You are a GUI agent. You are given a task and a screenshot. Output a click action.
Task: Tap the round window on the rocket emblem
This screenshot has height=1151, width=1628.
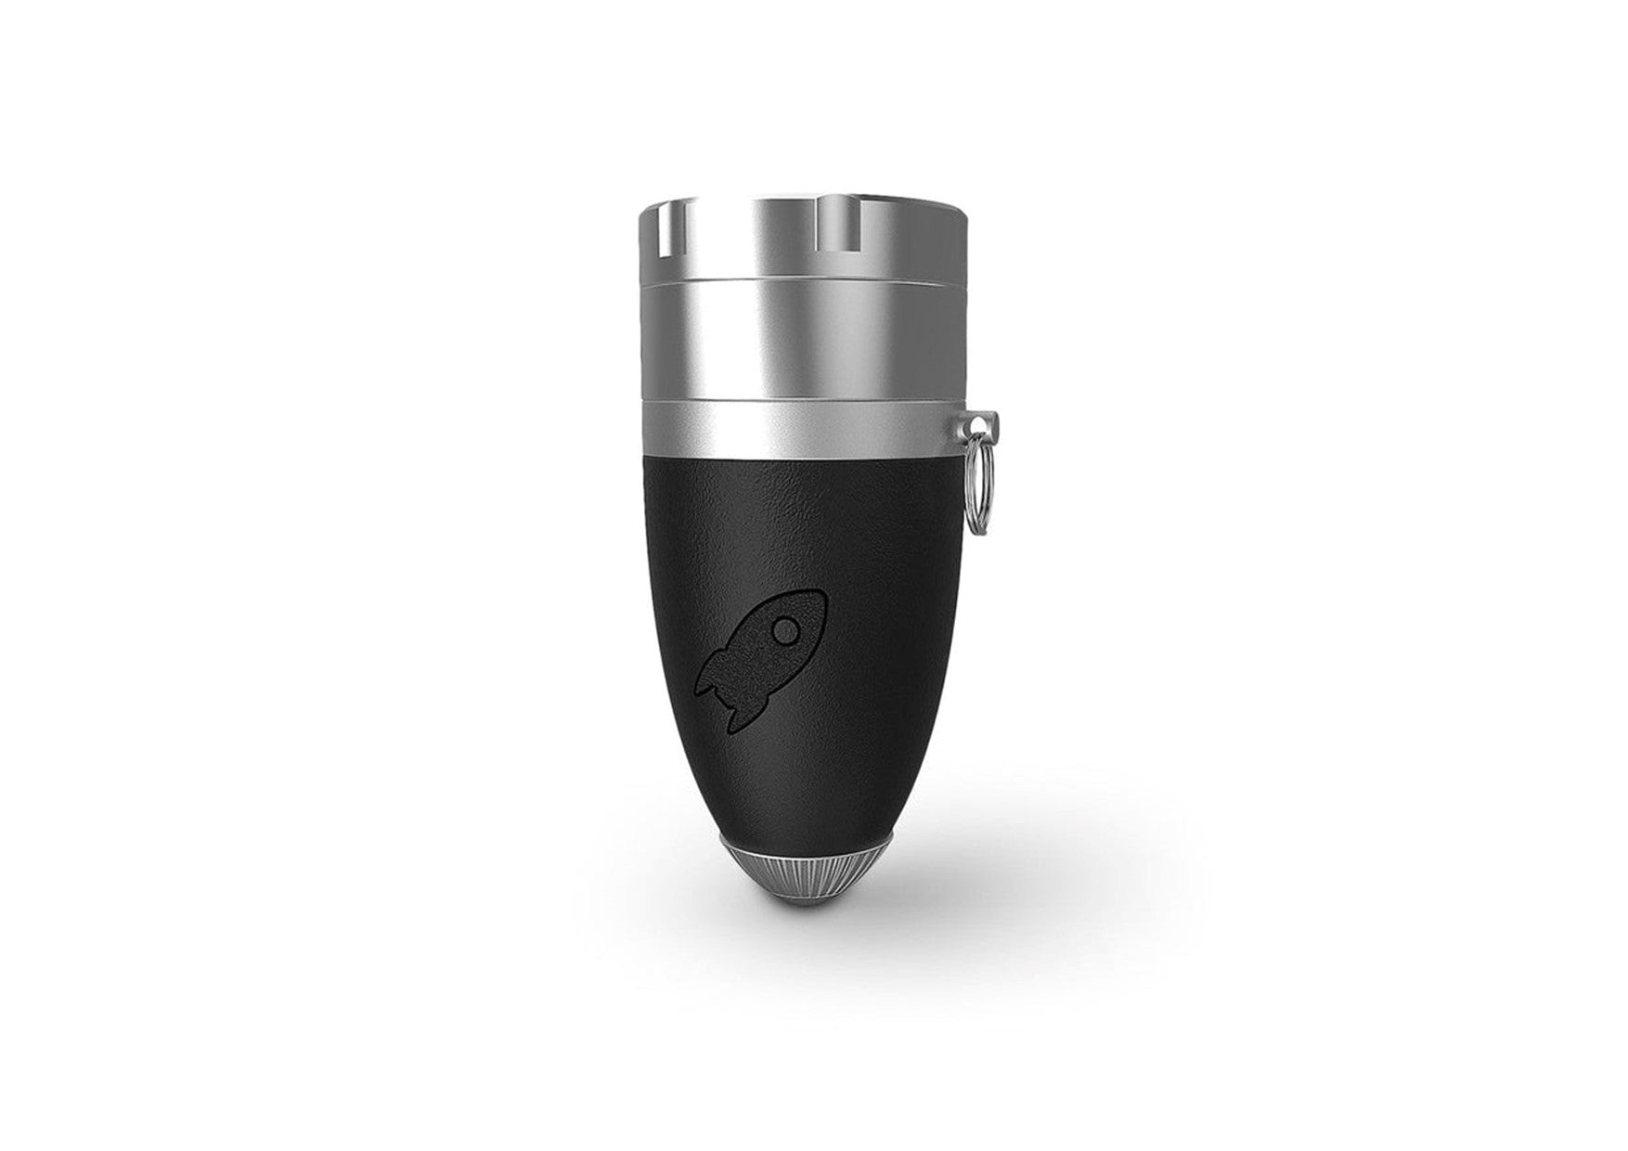click(x=786, y=631)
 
